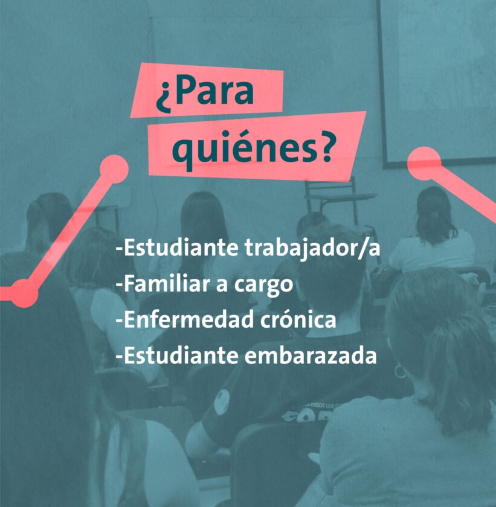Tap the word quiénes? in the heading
coord(252,150)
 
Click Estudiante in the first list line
coord(181,248)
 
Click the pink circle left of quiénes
coord(114,169)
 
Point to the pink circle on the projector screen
coord(424,164)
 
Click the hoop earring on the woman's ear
coord(400,371)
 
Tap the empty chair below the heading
coord(338,200)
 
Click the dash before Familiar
coord(120,285)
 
